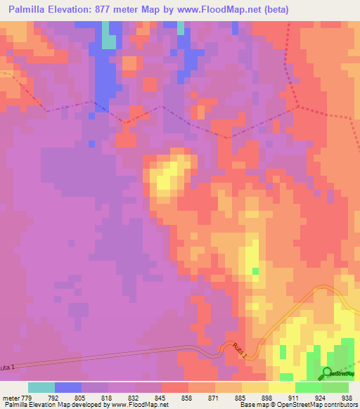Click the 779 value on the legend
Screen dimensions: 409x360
pos(28,397)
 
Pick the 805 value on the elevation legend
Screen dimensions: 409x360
pos(68,397)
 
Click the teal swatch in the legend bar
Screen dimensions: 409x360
pos(41,387)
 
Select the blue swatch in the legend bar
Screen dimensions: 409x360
pos(68,387)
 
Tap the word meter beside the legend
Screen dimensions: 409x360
pos(10,397)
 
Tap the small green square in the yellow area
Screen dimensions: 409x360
pos(255,271)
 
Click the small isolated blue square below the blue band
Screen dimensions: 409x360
pos(91,143)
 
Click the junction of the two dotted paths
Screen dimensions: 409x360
pos(297,107)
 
